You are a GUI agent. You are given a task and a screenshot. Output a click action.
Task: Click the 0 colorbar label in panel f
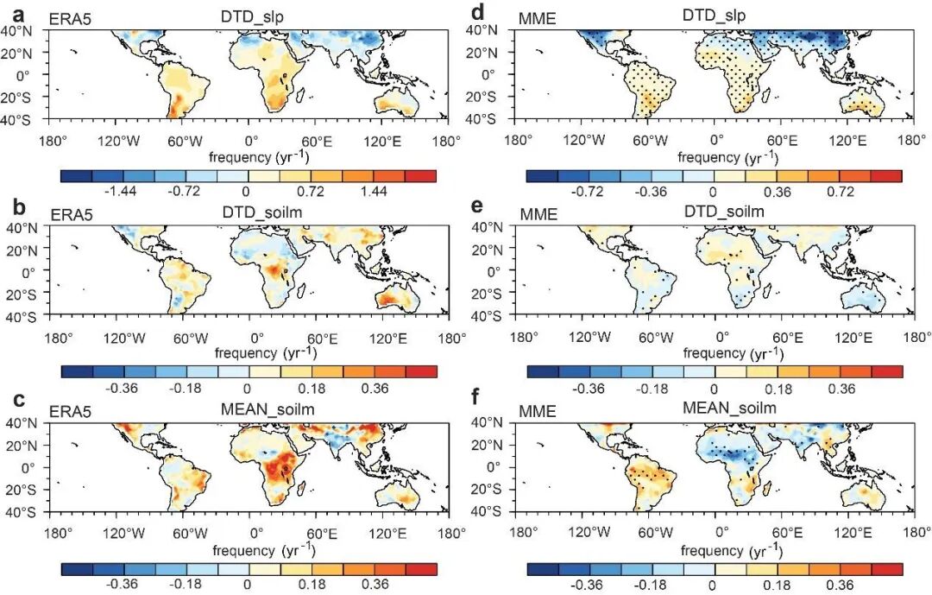click(x=713, y=586)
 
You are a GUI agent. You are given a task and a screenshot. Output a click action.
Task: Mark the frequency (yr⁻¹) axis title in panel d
click(x=722, y=158)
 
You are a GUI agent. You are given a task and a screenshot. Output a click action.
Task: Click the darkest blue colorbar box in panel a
click(x=76, y=175)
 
